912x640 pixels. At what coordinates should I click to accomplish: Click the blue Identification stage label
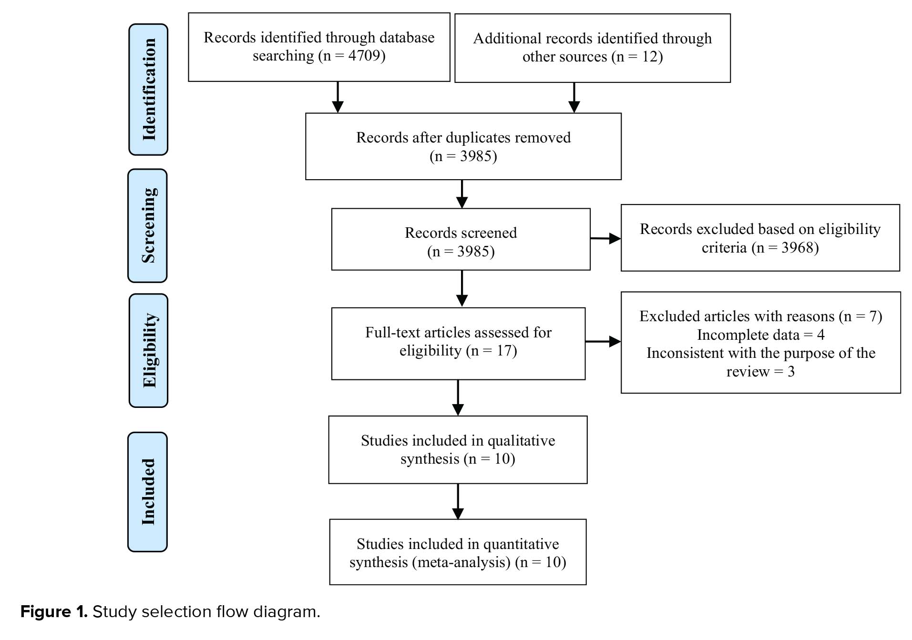[148, 90]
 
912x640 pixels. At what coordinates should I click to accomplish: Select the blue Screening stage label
[148, 225]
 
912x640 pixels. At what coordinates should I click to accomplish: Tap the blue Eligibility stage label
[148, 350]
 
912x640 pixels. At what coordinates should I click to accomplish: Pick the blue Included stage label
[148, 492]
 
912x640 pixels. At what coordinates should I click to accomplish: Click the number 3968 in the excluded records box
[797, 248]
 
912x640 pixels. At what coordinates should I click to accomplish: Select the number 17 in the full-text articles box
[504, 351]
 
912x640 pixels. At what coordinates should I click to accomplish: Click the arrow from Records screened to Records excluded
[605, 238]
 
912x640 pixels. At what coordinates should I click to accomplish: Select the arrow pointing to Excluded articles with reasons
[603, 341]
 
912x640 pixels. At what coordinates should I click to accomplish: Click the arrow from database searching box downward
[338, 97]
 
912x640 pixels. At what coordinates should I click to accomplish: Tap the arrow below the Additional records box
[574, 98]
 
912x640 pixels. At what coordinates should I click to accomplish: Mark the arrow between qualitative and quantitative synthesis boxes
[458, 501]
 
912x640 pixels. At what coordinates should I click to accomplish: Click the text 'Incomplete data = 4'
[761, 335]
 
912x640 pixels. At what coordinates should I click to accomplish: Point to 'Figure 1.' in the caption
[54, 611]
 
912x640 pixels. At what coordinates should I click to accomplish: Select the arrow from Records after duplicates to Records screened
[462, 194]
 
